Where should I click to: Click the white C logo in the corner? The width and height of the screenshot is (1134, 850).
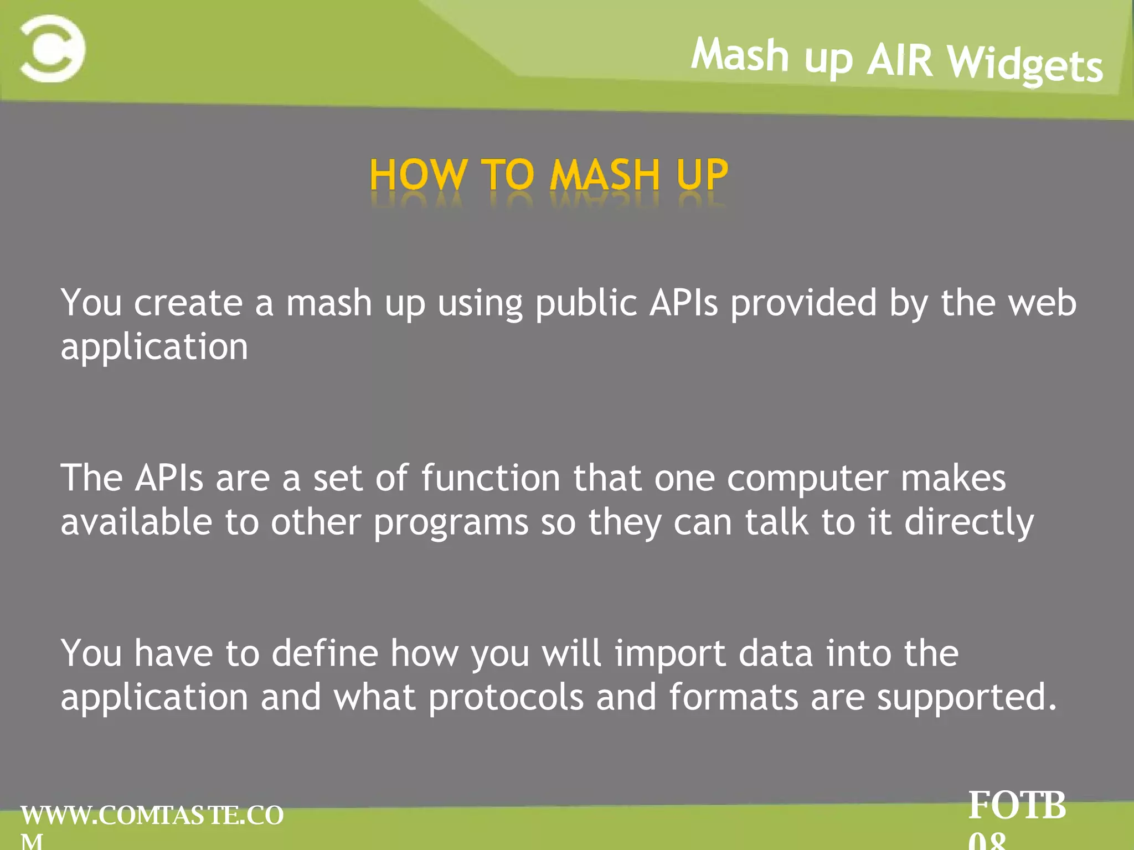(53, 49)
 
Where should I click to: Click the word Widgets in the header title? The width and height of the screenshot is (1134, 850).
(1025, 65)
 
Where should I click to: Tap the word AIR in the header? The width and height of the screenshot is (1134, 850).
(900, 60)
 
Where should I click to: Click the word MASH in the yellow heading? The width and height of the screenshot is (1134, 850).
(605, 175)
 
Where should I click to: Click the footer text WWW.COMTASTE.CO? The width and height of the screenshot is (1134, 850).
(152, 816)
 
